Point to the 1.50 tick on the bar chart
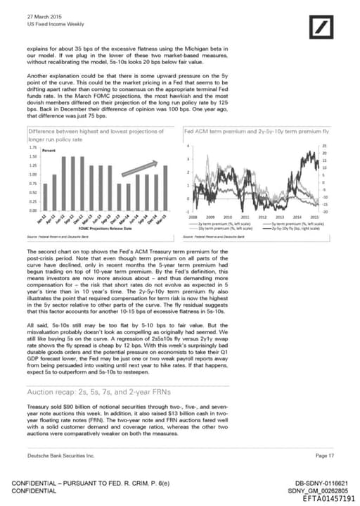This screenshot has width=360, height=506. point(33,157)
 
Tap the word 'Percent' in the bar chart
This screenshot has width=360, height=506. point(49,151)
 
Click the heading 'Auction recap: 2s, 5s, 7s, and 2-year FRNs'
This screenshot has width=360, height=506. point(91,391)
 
